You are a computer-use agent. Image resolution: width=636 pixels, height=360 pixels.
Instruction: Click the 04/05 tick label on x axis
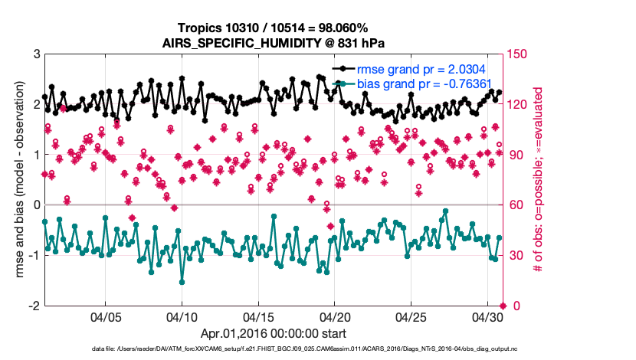coord(106,316)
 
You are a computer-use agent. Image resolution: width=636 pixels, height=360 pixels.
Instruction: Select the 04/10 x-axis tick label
coord(182,316)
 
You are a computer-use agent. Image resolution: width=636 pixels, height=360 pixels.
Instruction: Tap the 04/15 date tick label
coord(258,316)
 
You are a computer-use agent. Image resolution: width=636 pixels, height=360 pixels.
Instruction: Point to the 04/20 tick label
coord(335,316)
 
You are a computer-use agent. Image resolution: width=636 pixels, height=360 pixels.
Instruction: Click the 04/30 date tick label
coord(487,316)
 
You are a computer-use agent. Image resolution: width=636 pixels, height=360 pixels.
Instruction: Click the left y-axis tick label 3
coord(36,54)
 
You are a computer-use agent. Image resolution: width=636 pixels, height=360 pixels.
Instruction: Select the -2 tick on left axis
coord(34,306)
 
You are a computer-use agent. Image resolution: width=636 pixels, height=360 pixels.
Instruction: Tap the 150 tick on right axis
coord(521,54)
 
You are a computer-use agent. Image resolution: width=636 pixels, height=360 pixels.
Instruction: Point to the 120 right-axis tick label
coord(521,104)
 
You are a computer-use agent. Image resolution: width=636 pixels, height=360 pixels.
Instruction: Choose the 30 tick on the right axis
coord(518,255)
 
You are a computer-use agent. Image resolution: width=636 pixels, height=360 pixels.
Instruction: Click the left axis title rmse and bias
coord(17,179)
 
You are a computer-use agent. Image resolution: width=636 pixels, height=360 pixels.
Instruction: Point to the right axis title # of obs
coord(539,179)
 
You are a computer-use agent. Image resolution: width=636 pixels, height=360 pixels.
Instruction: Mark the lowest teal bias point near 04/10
coord(182,282)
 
